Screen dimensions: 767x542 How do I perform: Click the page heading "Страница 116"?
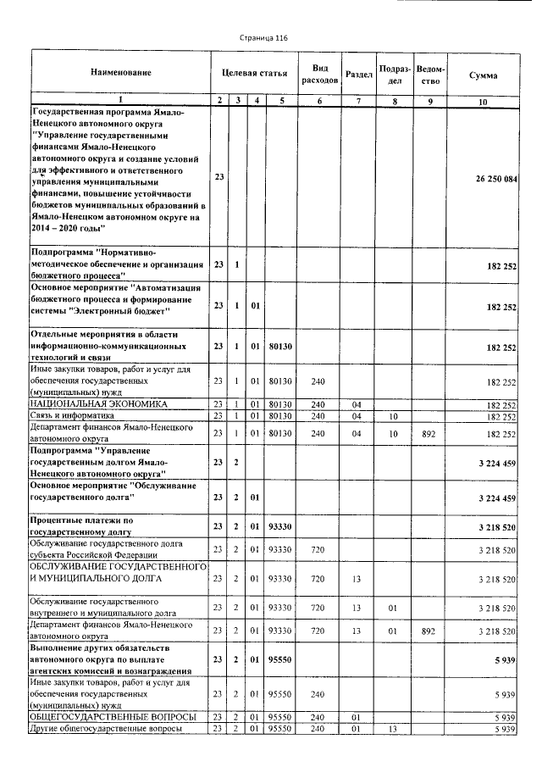point(264,38)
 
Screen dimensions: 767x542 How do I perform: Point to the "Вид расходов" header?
point(320,74)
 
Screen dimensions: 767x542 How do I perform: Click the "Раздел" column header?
point(360,75)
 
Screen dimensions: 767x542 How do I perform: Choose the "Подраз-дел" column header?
point(395,74)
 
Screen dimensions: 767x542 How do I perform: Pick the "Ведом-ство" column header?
point(432,75)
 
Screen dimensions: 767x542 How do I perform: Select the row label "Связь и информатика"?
point(72,415)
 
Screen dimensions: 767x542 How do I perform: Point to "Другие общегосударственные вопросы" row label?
point(105,728)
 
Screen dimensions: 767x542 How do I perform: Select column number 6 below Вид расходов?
point(320,101)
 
